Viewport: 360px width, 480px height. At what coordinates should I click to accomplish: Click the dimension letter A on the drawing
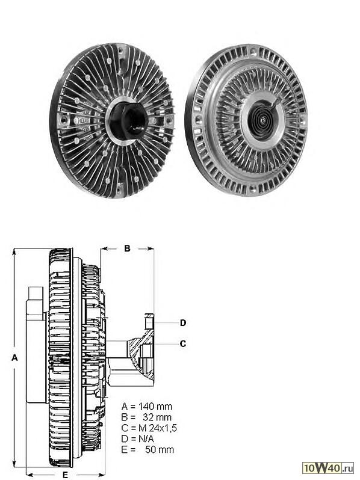coord(14,357)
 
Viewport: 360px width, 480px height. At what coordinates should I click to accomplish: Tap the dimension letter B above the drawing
coord(127,248)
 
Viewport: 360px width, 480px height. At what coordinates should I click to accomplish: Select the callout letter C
coord(183,344)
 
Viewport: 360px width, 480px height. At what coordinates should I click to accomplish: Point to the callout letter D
coord(183,322)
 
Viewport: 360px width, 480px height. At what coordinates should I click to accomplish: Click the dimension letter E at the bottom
coord(65,475)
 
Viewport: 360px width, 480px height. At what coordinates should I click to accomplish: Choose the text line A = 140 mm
coord(147,407)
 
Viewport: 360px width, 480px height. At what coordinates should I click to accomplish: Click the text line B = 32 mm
coord(147,417)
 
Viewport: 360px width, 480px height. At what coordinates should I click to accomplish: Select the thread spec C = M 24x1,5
coord(149,428)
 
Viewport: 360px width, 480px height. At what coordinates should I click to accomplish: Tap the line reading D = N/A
coord(138,438)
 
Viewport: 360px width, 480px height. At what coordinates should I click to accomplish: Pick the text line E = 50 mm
coord(147,449)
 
